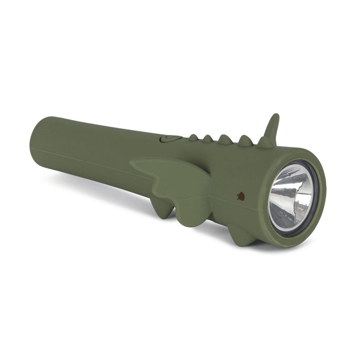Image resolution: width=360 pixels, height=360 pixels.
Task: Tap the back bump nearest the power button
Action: tap(193, 138)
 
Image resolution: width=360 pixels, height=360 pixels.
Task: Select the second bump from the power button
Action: tap(208, 139)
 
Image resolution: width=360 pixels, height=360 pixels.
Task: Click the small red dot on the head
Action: tap(240, 196)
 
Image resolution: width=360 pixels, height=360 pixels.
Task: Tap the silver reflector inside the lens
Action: tap(290, 198)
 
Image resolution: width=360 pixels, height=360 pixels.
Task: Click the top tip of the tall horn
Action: tap(276, 116)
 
